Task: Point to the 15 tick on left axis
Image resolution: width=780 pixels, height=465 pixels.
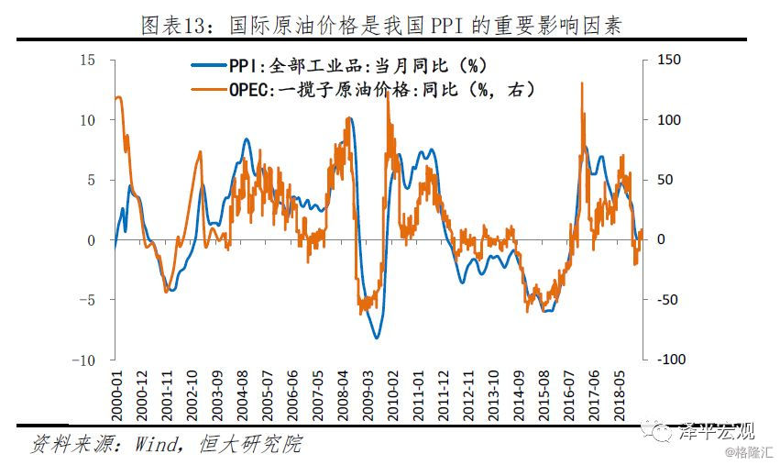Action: point(88,60)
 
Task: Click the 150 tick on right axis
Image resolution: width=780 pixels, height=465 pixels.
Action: point(669,60)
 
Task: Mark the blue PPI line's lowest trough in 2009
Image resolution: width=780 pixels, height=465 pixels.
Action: point(376,338)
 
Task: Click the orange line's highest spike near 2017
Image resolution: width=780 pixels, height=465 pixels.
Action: point(582,83)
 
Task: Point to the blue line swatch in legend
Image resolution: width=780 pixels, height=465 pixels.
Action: point(209,66)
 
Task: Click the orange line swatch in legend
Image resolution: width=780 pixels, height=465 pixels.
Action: point(209,89)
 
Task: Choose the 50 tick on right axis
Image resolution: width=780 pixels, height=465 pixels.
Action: point(665,180)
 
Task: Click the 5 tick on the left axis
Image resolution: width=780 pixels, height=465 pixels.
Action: point(91,180)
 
